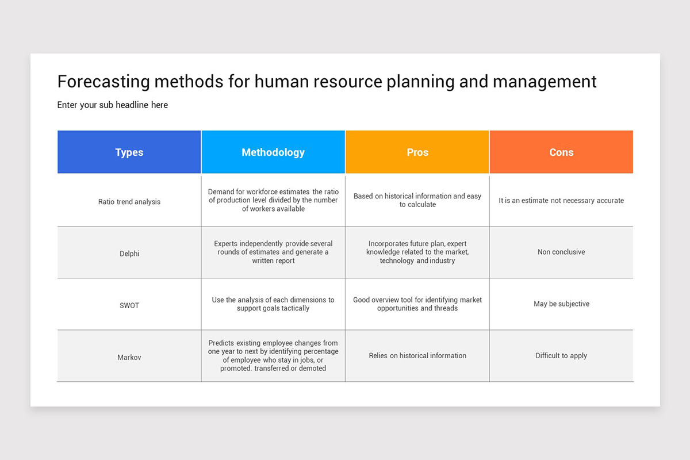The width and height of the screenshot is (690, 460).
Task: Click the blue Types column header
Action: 129,152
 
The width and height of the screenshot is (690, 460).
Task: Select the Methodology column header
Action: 273,152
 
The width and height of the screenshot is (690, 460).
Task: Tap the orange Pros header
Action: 417,152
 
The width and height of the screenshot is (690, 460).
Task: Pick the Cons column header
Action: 561,152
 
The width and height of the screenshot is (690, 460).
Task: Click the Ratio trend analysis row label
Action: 129,202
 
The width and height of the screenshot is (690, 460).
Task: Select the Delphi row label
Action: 129,254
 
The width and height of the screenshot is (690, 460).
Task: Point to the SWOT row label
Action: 129,305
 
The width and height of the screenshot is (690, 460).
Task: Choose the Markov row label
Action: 129,357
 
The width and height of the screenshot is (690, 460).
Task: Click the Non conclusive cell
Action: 561,252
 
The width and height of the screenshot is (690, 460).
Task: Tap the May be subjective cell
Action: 561,304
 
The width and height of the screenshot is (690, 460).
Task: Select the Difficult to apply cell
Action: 561,355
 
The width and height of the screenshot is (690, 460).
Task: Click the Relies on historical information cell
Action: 417,355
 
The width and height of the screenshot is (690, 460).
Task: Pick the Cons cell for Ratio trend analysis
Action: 561,201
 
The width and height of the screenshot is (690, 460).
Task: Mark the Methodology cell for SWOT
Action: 273,304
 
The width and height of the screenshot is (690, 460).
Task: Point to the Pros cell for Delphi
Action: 417,252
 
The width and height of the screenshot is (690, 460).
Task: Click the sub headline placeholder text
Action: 113,105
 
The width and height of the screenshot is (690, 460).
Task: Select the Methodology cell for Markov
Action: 273,355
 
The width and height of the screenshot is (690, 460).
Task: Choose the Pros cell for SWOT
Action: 417,304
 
